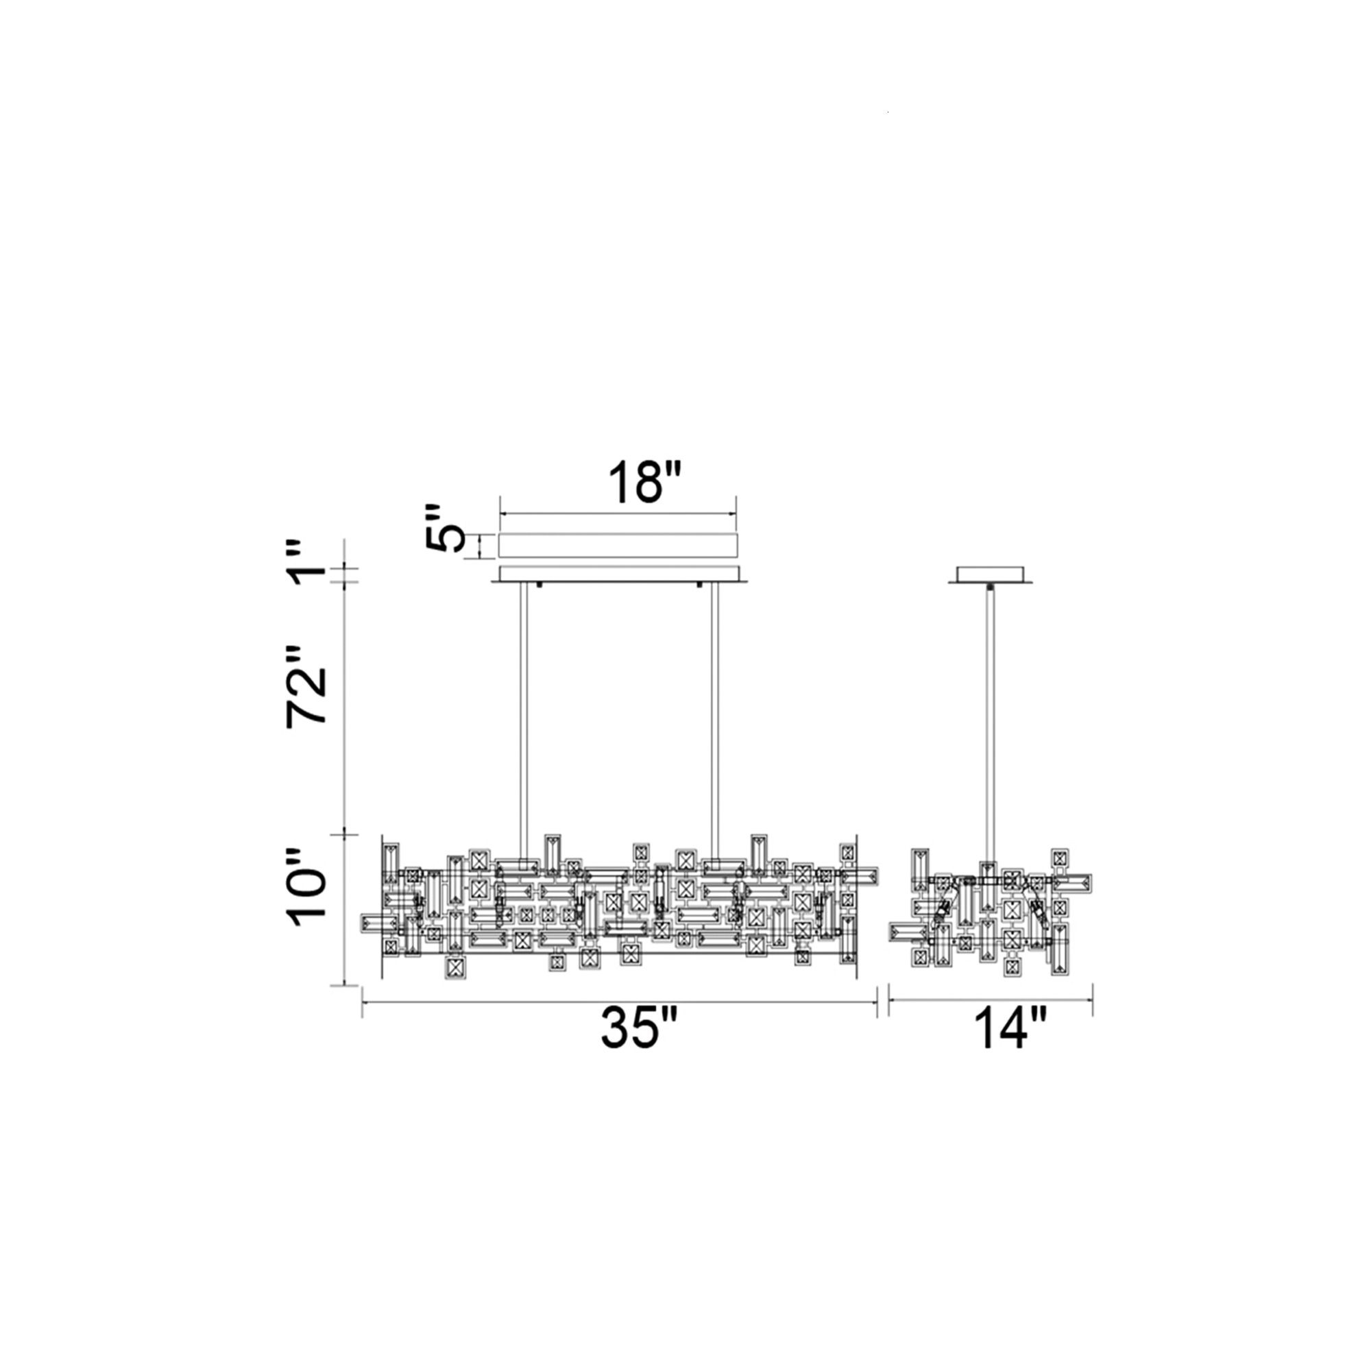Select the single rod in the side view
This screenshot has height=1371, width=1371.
[x=989, y=735]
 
